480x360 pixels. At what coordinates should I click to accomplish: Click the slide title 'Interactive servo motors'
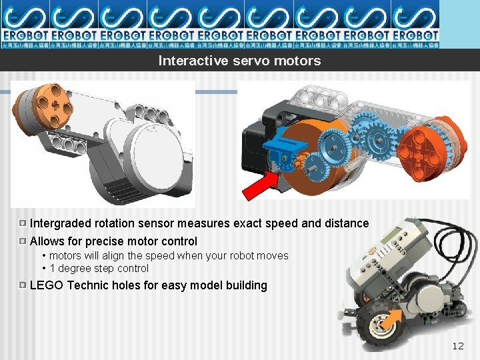(x=239, y=61)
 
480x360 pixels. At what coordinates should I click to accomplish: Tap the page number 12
(x=457, y=345)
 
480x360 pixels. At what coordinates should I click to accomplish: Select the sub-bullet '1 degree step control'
(x=99, y=269)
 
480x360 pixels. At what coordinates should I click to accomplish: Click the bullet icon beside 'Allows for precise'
(x=23, y=241)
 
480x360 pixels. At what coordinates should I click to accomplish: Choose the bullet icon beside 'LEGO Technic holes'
(x=23, y=285)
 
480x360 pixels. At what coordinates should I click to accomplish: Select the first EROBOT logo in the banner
(x=25, y=24)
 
